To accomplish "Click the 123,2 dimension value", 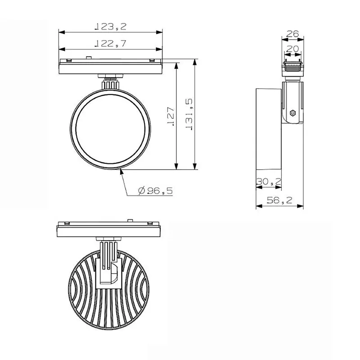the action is point(110,27).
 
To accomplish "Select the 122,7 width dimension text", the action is point(110,43).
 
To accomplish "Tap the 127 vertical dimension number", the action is point(171,116).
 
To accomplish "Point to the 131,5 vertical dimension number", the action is point(189,115).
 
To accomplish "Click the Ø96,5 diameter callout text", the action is point(155,190).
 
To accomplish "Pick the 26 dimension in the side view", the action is point(292,34).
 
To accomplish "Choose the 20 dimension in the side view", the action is point(292,49).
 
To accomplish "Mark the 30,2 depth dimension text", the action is point(269,182).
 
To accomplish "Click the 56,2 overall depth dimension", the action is point(279,200).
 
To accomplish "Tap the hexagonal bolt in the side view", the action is point(293,113).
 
